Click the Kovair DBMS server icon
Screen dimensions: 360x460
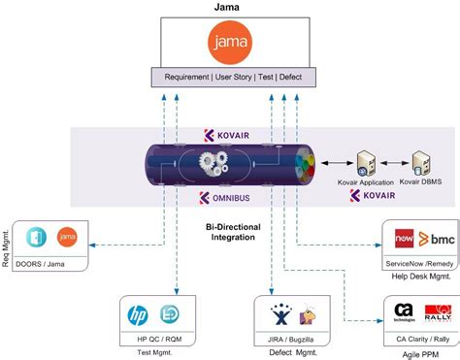pyautogui.click(x=421, y=163)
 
